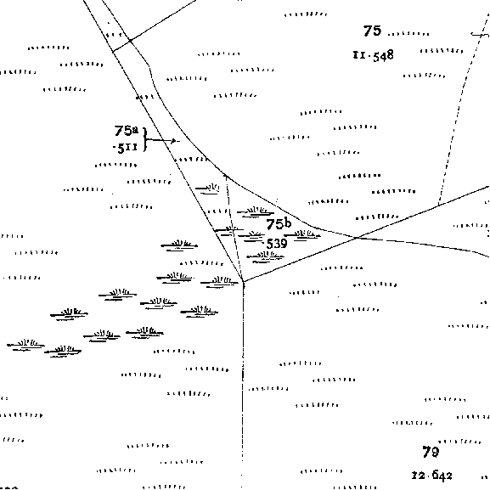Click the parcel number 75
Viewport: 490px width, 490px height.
coord(372,31)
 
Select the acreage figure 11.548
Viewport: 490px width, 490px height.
coord(374,56)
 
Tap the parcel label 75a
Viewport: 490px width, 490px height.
coord(127,131)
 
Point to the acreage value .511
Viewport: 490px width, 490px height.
coord(125,148)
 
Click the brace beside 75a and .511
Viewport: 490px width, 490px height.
coord(144,139)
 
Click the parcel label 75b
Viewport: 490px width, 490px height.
coord(279,223)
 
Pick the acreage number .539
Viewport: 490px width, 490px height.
coord(276,244)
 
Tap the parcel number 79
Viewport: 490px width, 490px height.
coord(431,452)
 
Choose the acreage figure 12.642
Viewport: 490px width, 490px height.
coord(432,476)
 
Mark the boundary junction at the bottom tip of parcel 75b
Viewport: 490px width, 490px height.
coord(243,282)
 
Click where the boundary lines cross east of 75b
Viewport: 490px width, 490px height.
coord(357,238)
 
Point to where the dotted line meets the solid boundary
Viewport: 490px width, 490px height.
coord(438,205)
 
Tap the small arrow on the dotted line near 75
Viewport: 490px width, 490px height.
coord(479,34)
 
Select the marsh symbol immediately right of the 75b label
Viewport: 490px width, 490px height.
coord(302,235)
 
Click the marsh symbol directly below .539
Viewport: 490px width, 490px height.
coord(265,256)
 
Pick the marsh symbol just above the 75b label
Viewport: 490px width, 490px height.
coord(256,212)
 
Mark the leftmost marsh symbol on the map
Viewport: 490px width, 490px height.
coord(25,345)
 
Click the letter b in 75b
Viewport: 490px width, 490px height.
coord(288,222)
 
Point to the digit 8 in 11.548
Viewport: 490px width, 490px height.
coord(390,55)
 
